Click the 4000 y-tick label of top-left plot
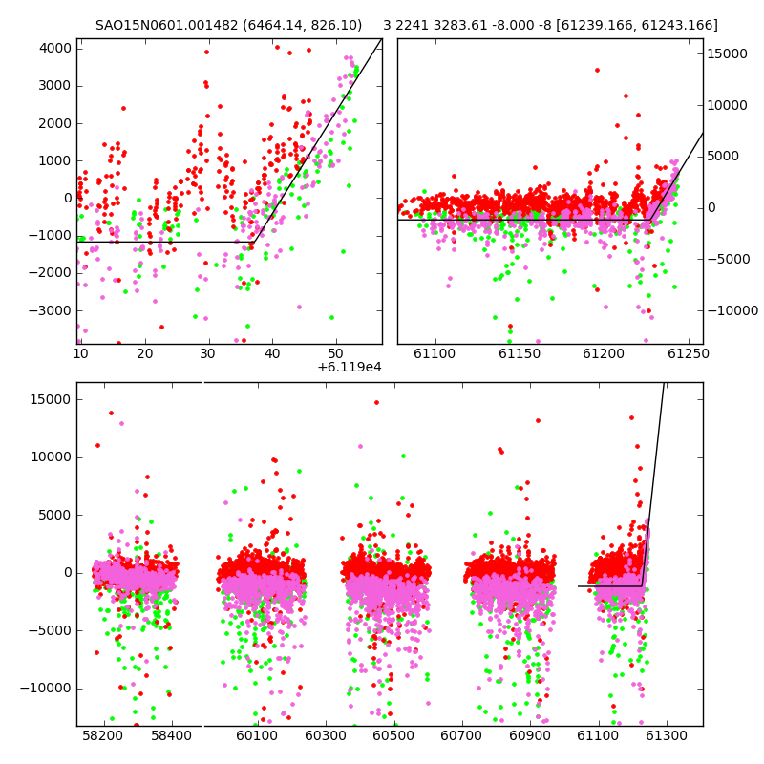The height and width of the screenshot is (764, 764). [x=55, y=49]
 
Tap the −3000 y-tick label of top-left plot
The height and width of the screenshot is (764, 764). [x=50, y=310]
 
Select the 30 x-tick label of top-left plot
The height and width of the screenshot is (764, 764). [x=208, y=353]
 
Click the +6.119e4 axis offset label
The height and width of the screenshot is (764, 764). [x=350, y=367]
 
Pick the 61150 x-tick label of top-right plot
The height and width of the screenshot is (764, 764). [x=520, y=353]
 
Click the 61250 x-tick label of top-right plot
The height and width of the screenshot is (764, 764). [x=689, y=353]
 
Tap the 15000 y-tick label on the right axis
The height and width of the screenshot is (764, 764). [x=727, y=53]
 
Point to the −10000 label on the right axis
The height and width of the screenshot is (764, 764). [x=732, y=310]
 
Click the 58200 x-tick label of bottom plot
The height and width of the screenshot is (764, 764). [x=103, y=735]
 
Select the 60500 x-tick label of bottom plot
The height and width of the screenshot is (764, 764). [x=393, y=735]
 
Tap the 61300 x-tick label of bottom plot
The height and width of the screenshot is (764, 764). [x=666, y=735]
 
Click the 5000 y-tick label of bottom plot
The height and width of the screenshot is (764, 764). [x=55, y=515]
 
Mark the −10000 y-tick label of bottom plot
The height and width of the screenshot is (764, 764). [x=45, y=688]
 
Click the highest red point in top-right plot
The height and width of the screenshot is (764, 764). [x=597, y=70]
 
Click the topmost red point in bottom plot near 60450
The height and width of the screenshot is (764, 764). [x=376, y=402]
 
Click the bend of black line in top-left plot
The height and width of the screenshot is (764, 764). [x=253, y=242]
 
